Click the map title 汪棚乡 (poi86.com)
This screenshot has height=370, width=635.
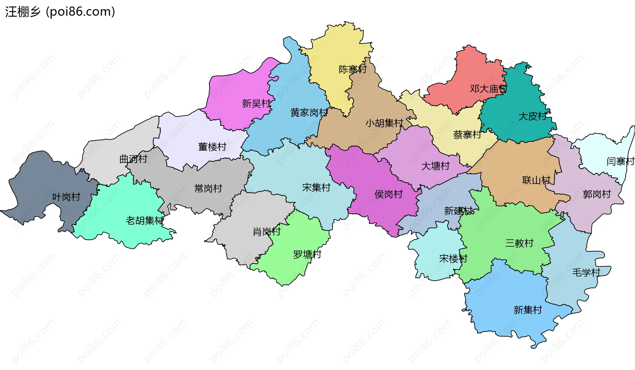click(60, 12)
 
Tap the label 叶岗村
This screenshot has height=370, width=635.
click(66, 197)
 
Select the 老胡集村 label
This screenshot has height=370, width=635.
click(145, 220)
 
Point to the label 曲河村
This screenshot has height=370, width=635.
click(133, 159)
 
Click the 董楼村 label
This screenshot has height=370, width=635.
click(212, 147)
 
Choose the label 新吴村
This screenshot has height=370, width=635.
click(256, 104)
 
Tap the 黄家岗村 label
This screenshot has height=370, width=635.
click(309, 113)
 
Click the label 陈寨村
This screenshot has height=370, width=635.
click(353, 69)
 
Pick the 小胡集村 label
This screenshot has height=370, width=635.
click(384, 123)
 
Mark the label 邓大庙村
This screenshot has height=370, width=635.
click(488, 89)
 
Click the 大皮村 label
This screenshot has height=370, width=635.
click(532, 116)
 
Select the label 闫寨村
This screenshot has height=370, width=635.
click(620, 161)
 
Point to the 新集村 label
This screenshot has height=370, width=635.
click(528, 310)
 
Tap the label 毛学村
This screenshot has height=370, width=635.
click(586, 273)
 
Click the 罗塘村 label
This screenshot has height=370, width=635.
click(307, 254)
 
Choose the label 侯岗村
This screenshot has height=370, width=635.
click(388, 194)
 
